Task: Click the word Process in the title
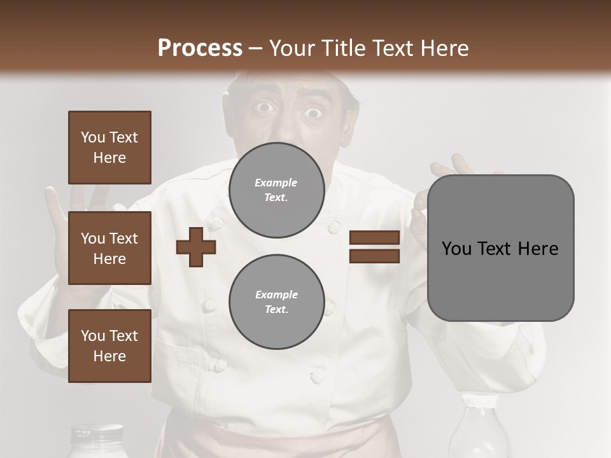pyautogui.click(x=200, y=48)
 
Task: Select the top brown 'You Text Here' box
pyautogui.click(x=109, y=148)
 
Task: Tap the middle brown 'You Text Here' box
pyautogui.click(x=109, y=248)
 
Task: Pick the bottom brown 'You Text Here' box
pyautogui.click(x=109, y=346)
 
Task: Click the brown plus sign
pyautogui.click(x=196, y=247)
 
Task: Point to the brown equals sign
pyautogui.click(x=374, y=247)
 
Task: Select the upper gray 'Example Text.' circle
pyautogui.click(x=276, y=190)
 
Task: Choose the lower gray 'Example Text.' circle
pyautogui.click(x=276, y=302)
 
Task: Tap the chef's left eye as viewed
pyautogui.click(x=265, y=108)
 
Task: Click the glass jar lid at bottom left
pyautogui.click(x=97, y=433)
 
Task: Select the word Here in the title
pyautogui.click(x=442, y=48)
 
